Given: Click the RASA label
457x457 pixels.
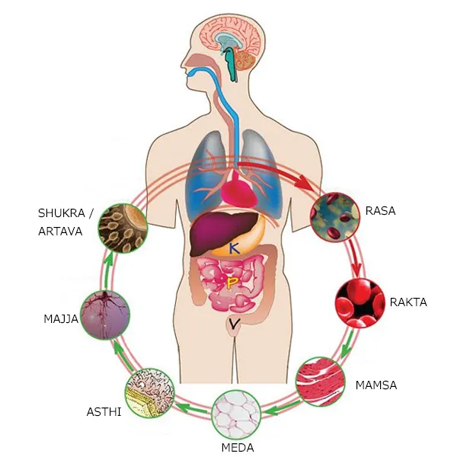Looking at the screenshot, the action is pos(380,210).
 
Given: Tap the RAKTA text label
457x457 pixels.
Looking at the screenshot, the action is pos(408,302).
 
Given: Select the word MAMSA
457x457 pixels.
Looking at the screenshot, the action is pos(376,385).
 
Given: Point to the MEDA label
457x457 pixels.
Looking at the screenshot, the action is pos(238,447).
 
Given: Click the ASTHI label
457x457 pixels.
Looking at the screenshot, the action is pos(104,412).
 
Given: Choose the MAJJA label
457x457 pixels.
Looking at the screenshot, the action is pos(61,319).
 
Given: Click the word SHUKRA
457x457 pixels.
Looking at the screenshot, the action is pos(62,213).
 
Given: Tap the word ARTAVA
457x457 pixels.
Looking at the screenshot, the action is pos(60,232).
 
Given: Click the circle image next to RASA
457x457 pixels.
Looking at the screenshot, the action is pos(335,217).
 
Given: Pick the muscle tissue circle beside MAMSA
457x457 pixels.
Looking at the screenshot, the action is pos(320,382).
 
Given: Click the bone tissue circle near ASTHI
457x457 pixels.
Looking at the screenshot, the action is pos(150,393).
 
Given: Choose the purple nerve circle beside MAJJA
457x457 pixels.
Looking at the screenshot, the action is pos(105,315).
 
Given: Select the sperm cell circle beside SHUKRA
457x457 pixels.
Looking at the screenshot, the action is pos(123,228).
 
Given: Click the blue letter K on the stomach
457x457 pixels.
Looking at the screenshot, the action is pos(234,248).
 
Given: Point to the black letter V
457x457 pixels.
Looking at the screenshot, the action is pos(234,324).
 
